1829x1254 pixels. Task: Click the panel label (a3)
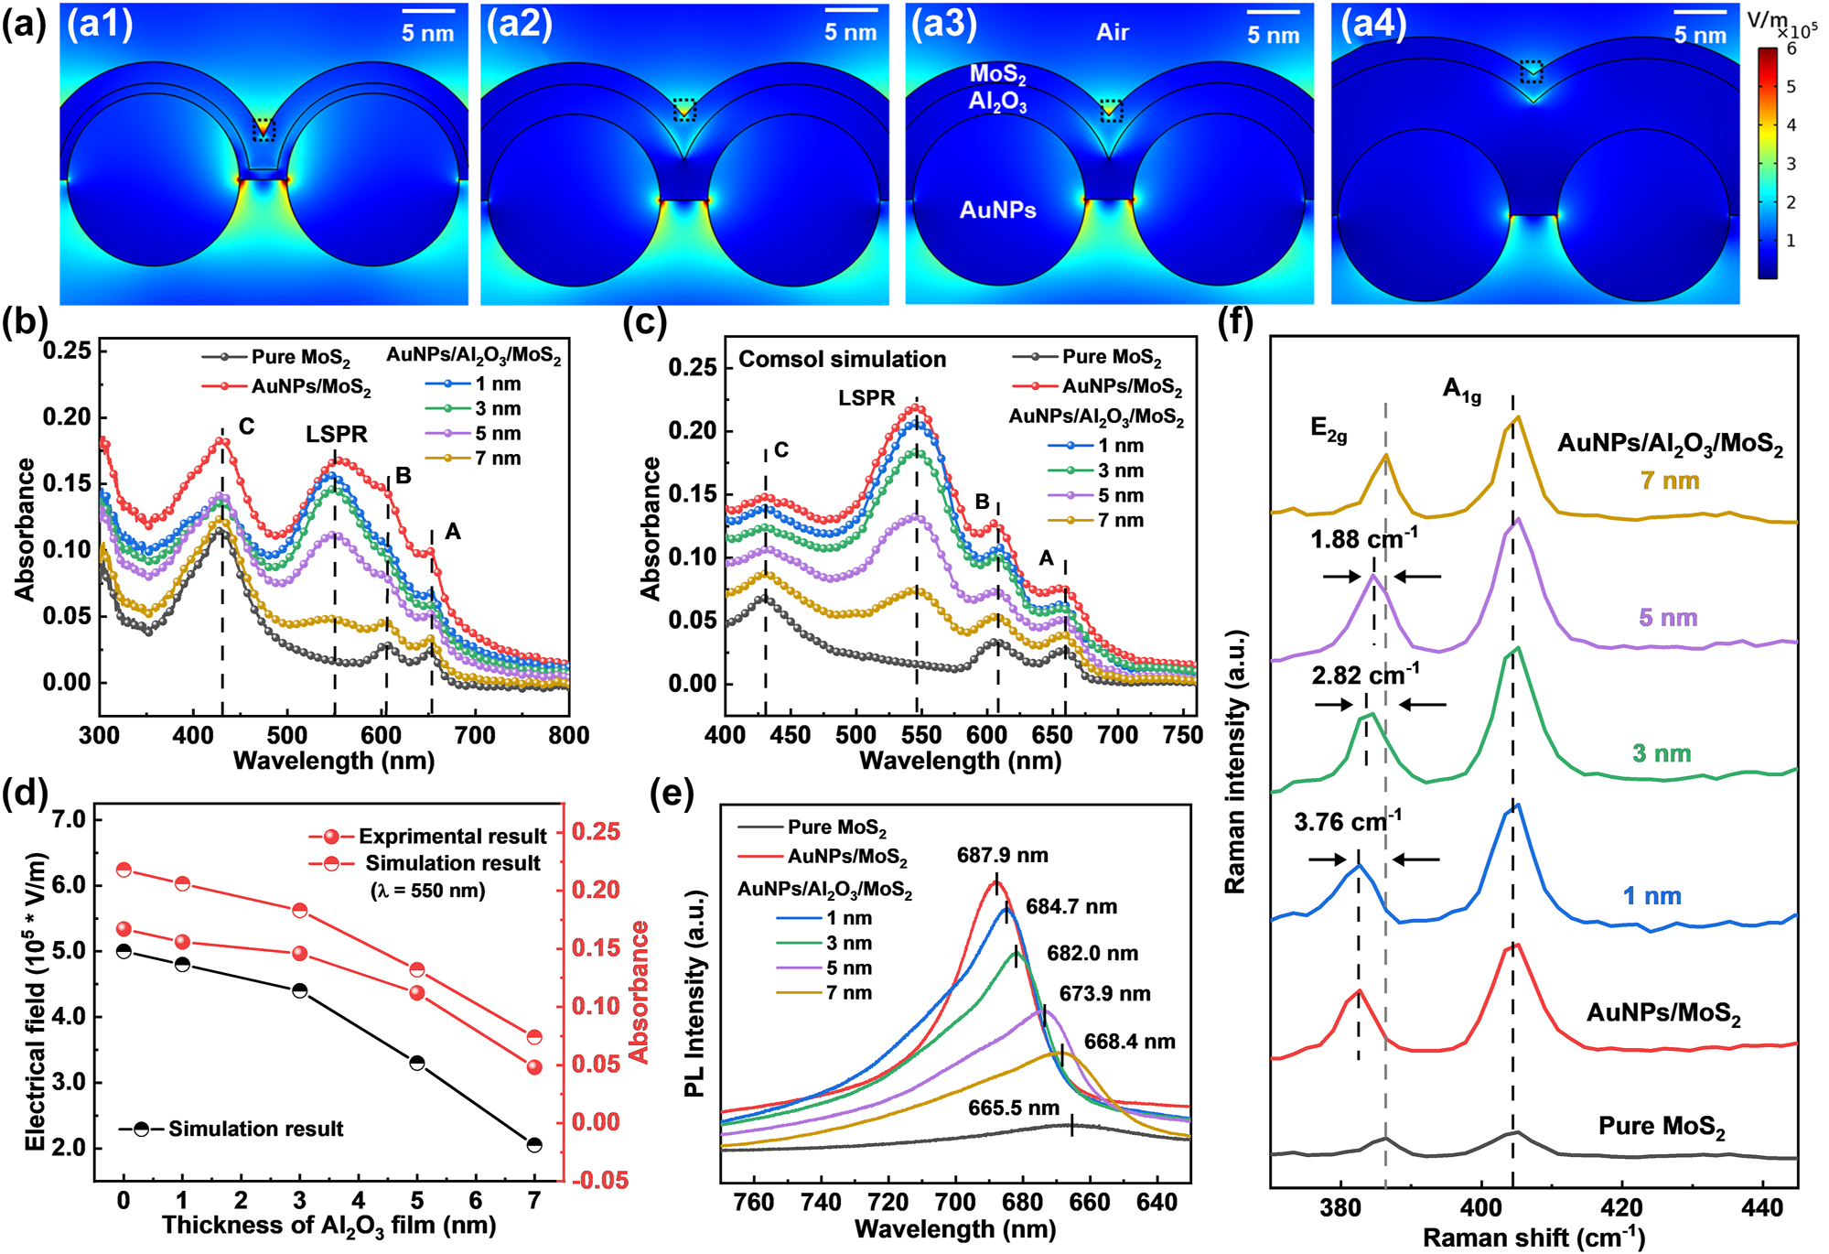point(943,24)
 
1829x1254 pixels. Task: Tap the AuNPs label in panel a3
point(997,211)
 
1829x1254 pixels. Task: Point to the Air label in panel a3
point(1112,33)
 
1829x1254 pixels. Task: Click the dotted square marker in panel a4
point(1531,70)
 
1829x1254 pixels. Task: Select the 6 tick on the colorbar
point(1791,49)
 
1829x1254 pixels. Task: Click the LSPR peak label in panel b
point(337,435)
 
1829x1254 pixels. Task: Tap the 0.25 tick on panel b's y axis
point(68,351)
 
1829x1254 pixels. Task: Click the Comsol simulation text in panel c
point(842,360)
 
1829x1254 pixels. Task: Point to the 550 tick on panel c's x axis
point(920,735)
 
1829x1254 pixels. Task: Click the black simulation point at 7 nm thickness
point(534,1145)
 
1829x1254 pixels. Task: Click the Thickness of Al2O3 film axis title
point(329,1227)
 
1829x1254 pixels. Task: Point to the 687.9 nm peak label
point(1003,856)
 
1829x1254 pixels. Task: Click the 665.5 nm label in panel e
point(1014,1108)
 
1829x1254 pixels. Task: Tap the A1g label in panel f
point(1461,390)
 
